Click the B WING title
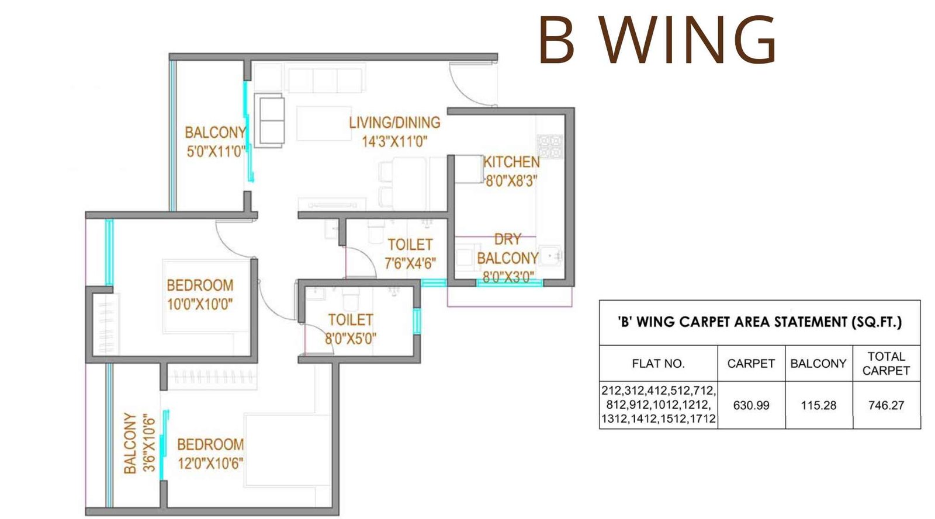click(657, 40)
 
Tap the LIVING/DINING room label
click(394, 123)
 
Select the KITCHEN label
click(511, 162)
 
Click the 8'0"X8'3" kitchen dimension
click(511, 180)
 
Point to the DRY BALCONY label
click(507, 249)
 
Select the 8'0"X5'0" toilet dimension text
click(351, 338)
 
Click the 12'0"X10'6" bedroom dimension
click(210, 463)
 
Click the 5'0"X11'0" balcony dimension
click(216, 152)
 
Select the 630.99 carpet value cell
click(751, 405)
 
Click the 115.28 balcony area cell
click(818, 405)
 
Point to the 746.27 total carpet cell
click(886, 405)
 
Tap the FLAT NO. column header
click(658, 364)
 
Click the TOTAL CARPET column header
click(886, 364)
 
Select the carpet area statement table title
click(760, 322)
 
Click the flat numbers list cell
click(659, 405)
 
